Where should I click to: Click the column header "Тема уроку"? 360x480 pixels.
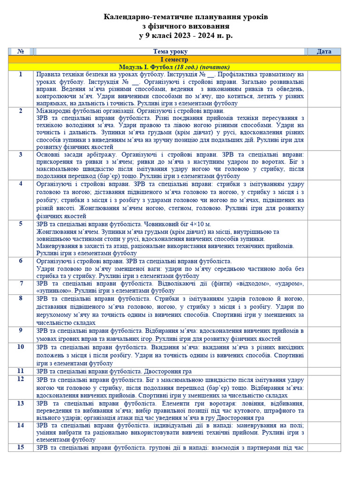coord(170,52)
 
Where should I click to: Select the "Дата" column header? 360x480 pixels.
coord(324,52)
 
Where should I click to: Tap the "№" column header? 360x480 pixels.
coord(21,52)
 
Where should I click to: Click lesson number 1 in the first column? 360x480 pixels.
coord(21,75)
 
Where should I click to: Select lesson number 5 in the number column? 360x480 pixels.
coord(21,224)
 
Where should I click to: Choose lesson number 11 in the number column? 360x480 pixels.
coord(21,371)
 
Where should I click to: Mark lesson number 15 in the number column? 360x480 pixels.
coord(21,447)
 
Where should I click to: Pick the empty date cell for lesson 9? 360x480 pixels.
coord(324,334)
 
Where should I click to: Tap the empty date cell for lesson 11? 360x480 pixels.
coord(324,371)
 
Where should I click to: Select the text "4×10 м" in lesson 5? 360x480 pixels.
coord(199,224)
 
